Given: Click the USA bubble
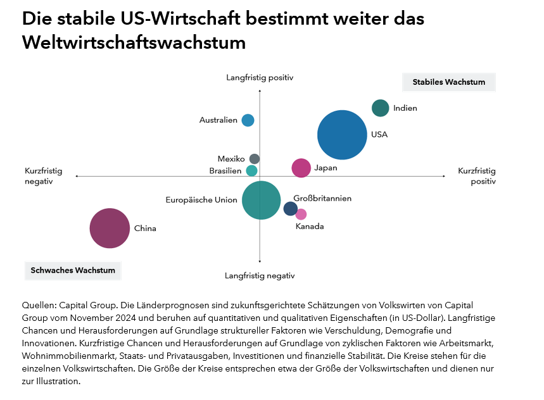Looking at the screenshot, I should (x=342, y=135).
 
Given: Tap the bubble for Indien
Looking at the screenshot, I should (x=380, y=108).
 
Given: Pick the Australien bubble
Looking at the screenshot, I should (x=248, y=120).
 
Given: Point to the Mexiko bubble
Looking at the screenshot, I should (x=255, y=159).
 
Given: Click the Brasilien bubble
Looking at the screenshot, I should (x=251, y=170).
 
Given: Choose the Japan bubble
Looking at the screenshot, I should (x=301, y=168).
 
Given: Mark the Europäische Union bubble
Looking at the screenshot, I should (x=261, y=200).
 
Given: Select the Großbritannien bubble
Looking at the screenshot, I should (x=290, y=209).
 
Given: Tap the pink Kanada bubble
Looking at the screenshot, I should (x=301, y=214).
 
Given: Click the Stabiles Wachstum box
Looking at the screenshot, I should (x=448, y=82).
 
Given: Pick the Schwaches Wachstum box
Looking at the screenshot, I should (x=73, y=270).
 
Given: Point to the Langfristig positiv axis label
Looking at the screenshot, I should (x=260, y=78).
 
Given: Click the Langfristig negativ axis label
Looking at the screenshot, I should (x=260, y=276).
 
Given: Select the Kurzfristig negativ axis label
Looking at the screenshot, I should (x=44, y=176).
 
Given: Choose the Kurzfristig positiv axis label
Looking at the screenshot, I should (x=476, y=176).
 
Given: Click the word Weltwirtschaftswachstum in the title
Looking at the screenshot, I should (x=134, y=43).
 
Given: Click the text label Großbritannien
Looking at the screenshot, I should (x=322, y=199).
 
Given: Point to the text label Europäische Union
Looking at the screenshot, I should (x=201, y=200).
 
